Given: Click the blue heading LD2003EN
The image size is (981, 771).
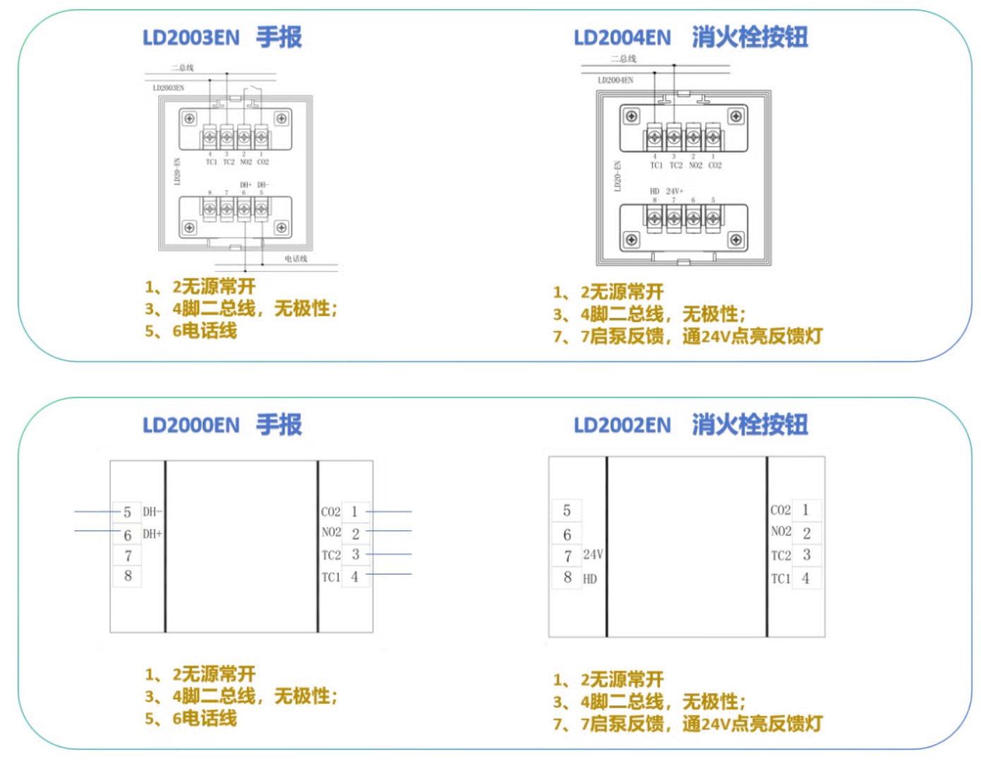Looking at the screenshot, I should tap(191, 37).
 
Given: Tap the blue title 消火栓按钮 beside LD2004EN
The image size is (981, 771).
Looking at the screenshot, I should tap(750, 37).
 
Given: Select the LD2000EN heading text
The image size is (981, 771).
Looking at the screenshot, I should tap(191, 425).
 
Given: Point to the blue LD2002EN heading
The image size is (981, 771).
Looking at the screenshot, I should tap(622, 425).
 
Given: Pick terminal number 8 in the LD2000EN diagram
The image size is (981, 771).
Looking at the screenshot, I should tap(128, 576).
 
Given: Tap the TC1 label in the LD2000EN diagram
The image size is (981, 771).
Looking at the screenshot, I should tap(331, 578).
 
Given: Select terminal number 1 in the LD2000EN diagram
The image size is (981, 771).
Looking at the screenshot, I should tap(354, 511).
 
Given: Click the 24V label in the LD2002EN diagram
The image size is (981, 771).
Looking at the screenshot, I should tap(593, 555).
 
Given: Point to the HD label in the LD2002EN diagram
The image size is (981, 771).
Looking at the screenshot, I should tap(590, 579).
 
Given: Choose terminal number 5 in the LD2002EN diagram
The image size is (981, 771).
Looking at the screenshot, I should tap(567, 510).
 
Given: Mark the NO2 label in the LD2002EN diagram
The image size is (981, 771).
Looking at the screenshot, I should tap(781, 532).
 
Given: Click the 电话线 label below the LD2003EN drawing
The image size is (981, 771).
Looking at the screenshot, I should tap(296, 259).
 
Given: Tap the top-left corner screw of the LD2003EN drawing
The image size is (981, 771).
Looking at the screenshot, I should tap(189, 119).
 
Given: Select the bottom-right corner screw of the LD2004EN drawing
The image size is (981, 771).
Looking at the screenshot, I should tap(736, 240).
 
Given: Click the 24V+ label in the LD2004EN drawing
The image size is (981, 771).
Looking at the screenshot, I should tap(675, 191).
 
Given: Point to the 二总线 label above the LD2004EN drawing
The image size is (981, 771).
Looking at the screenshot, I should tap(624, 59).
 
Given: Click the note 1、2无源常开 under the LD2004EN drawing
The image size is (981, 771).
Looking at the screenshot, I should tap(608, 292).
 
